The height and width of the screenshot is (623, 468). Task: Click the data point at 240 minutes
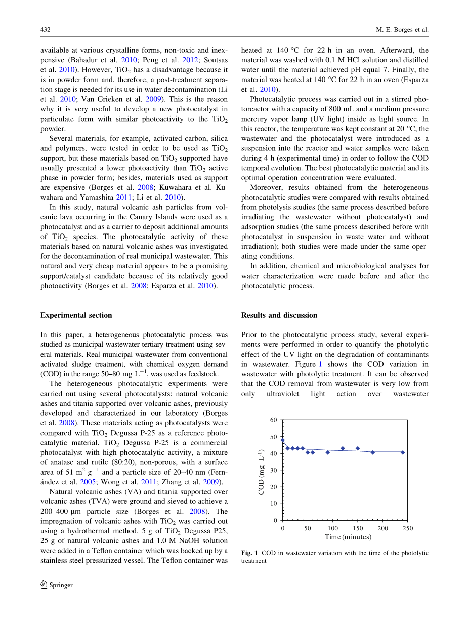point(403,452)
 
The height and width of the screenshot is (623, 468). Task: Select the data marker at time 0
point(282,440)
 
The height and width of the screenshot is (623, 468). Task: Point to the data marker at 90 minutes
point(327,452)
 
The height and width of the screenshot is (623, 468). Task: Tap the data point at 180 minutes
point(373,452)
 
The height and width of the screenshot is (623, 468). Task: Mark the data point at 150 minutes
point(358,448)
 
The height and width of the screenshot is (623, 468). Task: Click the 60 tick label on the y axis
point(274,420)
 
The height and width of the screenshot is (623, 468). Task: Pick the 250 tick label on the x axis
point(408,528)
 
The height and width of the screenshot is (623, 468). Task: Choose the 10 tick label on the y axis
point(274,503)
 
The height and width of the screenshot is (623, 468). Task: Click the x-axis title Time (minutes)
point(348,537)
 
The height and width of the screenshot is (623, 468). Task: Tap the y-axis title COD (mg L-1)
point(262,472)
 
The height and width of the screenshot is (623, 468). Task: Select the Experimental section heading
point(76,315)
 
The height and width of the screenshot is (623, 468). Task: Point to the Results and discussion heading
point(279,315)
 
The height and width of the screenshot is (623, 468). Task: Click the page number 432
point(46,30)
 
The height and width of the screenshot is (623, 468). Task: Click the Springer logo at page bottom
point(57,585)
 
